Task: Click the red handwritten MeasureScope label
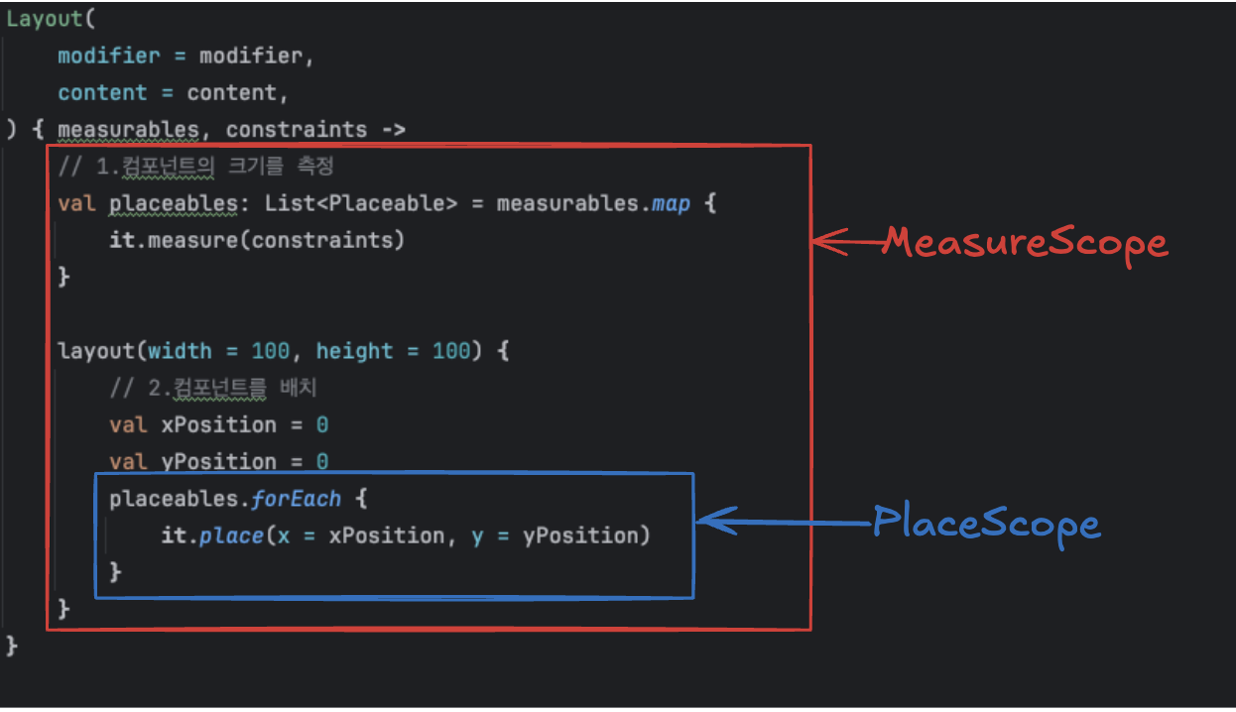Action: [1025, 243]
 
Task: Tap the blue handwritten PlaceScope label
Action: [986, 523]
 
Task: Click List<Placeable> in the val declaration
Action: [361, 203]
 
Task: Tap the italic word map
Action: [670, 203]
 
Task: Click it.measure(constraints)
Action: [257, 240]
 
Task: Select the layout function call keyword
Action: [97, 351]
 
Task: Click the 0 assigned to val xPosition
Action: [322, 424]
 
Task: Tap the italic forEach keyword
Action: [297, 499]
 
